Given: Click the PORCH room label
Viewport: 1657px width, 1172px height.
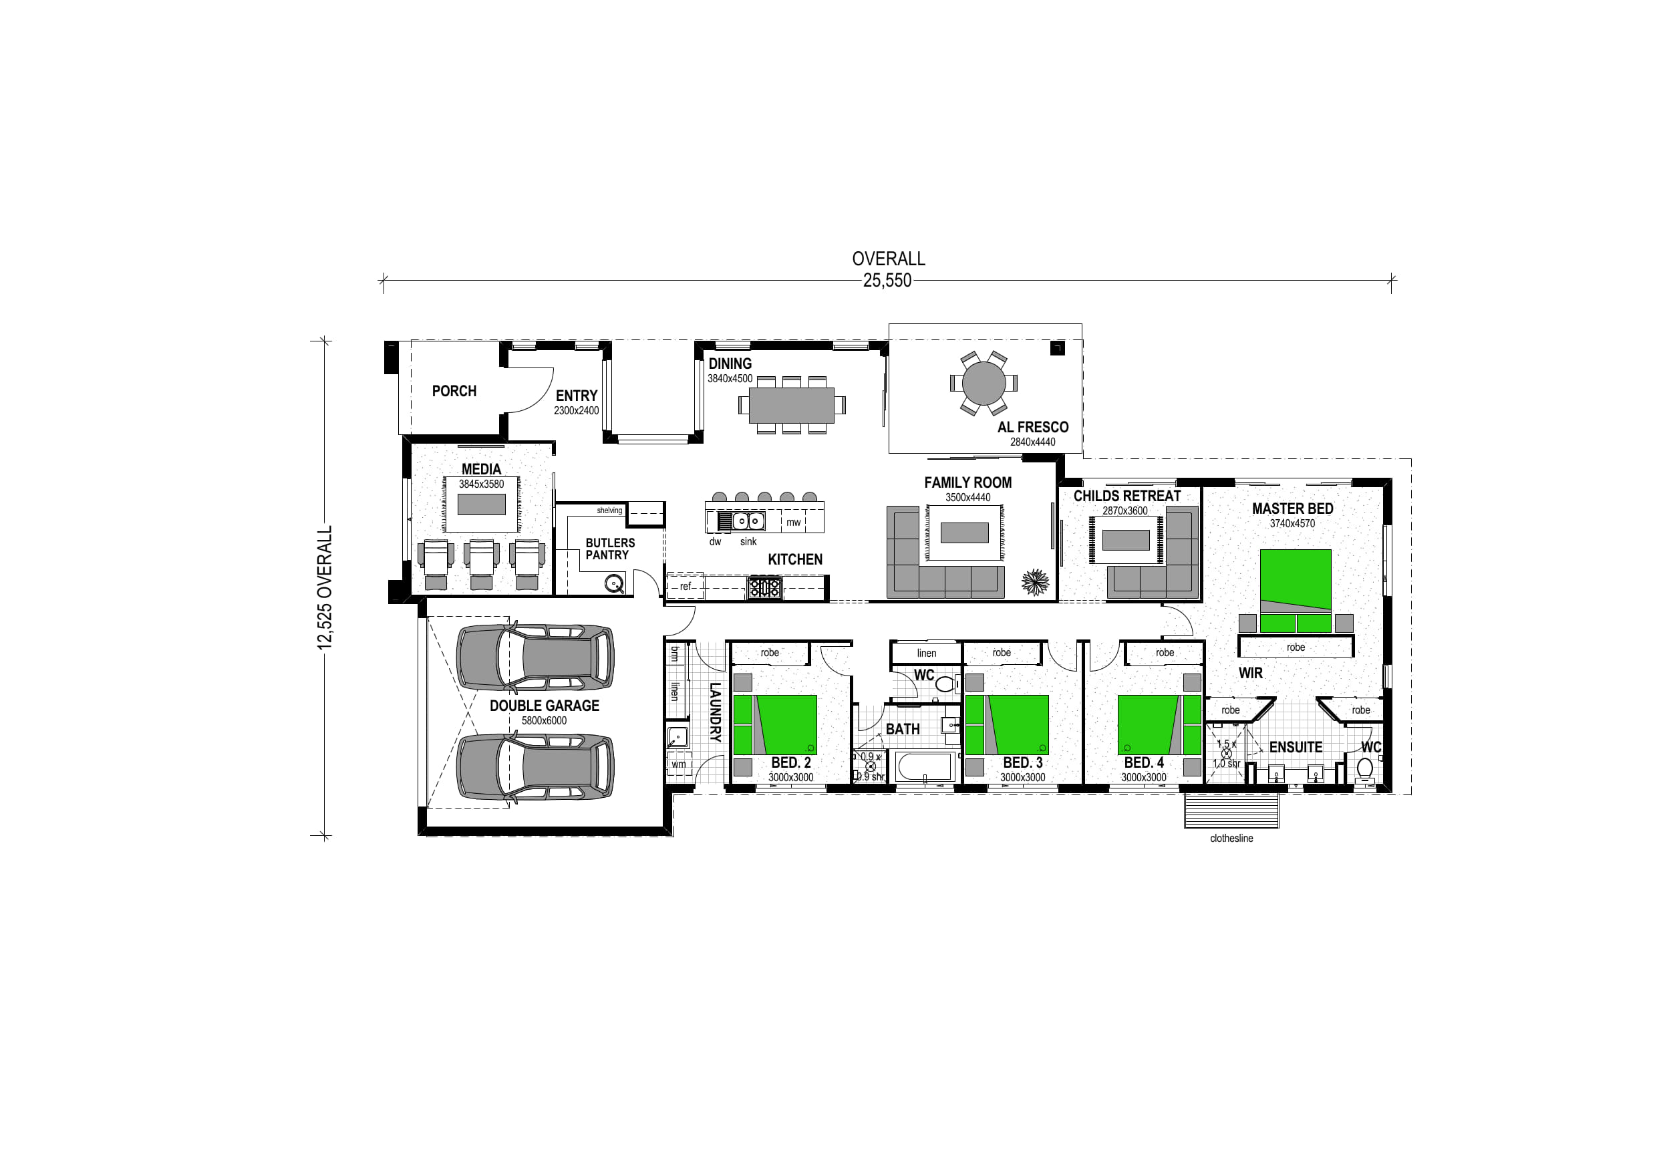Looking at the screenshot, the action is (454, 391).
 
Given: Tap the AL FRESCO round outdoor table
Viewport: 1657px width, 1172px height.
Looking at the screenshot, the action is (984, 384).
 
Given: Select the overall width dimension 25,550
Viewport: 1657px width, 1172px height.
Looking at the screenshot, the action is (887, 281).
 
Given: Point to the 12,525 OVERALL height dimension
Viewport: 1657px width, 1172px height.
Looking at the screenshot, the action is (325, 587).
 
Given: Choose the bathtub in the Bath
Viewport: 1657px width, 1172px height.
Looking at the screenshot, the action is (925, 767).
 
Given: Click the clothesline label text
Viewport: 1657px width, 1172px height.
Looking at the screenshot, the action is (1231, 839).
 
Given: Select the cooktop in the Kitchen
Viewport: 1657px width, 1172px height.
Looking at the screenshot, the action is (764, 588).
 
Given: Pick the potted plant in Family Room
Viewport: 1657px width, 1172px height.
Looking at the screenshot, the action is (1036, 582).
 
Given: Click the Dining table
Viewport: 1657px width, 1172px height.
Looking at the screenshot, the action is (792, 406).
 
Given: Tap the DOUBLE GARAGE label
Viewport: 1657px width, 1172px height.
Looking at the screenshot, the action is (544, 706).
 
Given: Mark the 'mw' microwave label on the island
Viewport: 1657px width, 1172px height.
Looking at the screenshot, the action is (793, 523).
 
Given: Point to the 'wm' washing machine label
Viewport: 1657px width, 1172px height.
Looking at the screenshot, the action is (679, 764).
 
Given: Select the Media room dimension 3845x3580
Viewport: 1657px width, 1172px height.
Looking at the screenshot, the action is (481, 484).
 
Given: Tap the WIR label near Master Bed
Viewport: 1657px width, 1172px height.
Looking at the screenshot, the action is (1251, 674).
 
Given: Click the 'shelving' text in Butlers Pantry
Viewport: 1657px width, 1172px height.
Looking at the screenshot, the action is (609, 510).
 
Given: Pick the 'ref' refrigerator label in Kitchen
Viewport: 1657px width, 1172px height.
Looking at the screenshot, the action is (685, 587).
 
